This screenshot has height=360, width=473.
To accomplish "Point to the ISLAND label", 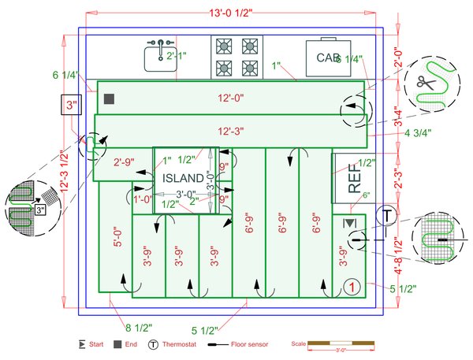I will (183, 179).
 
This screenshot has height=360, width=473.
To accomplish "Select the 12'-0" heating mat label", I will (230, 98).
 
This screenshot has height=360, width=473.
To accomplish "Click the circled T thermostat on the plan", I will (388, 214).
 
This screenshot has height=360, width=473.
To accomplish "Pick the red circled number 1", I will (353, 287).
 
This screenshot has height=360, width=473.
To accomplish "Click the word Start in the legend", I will (97, 344).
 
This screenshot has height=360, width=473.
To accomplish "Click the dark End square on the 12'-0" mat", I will (110, 98).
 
